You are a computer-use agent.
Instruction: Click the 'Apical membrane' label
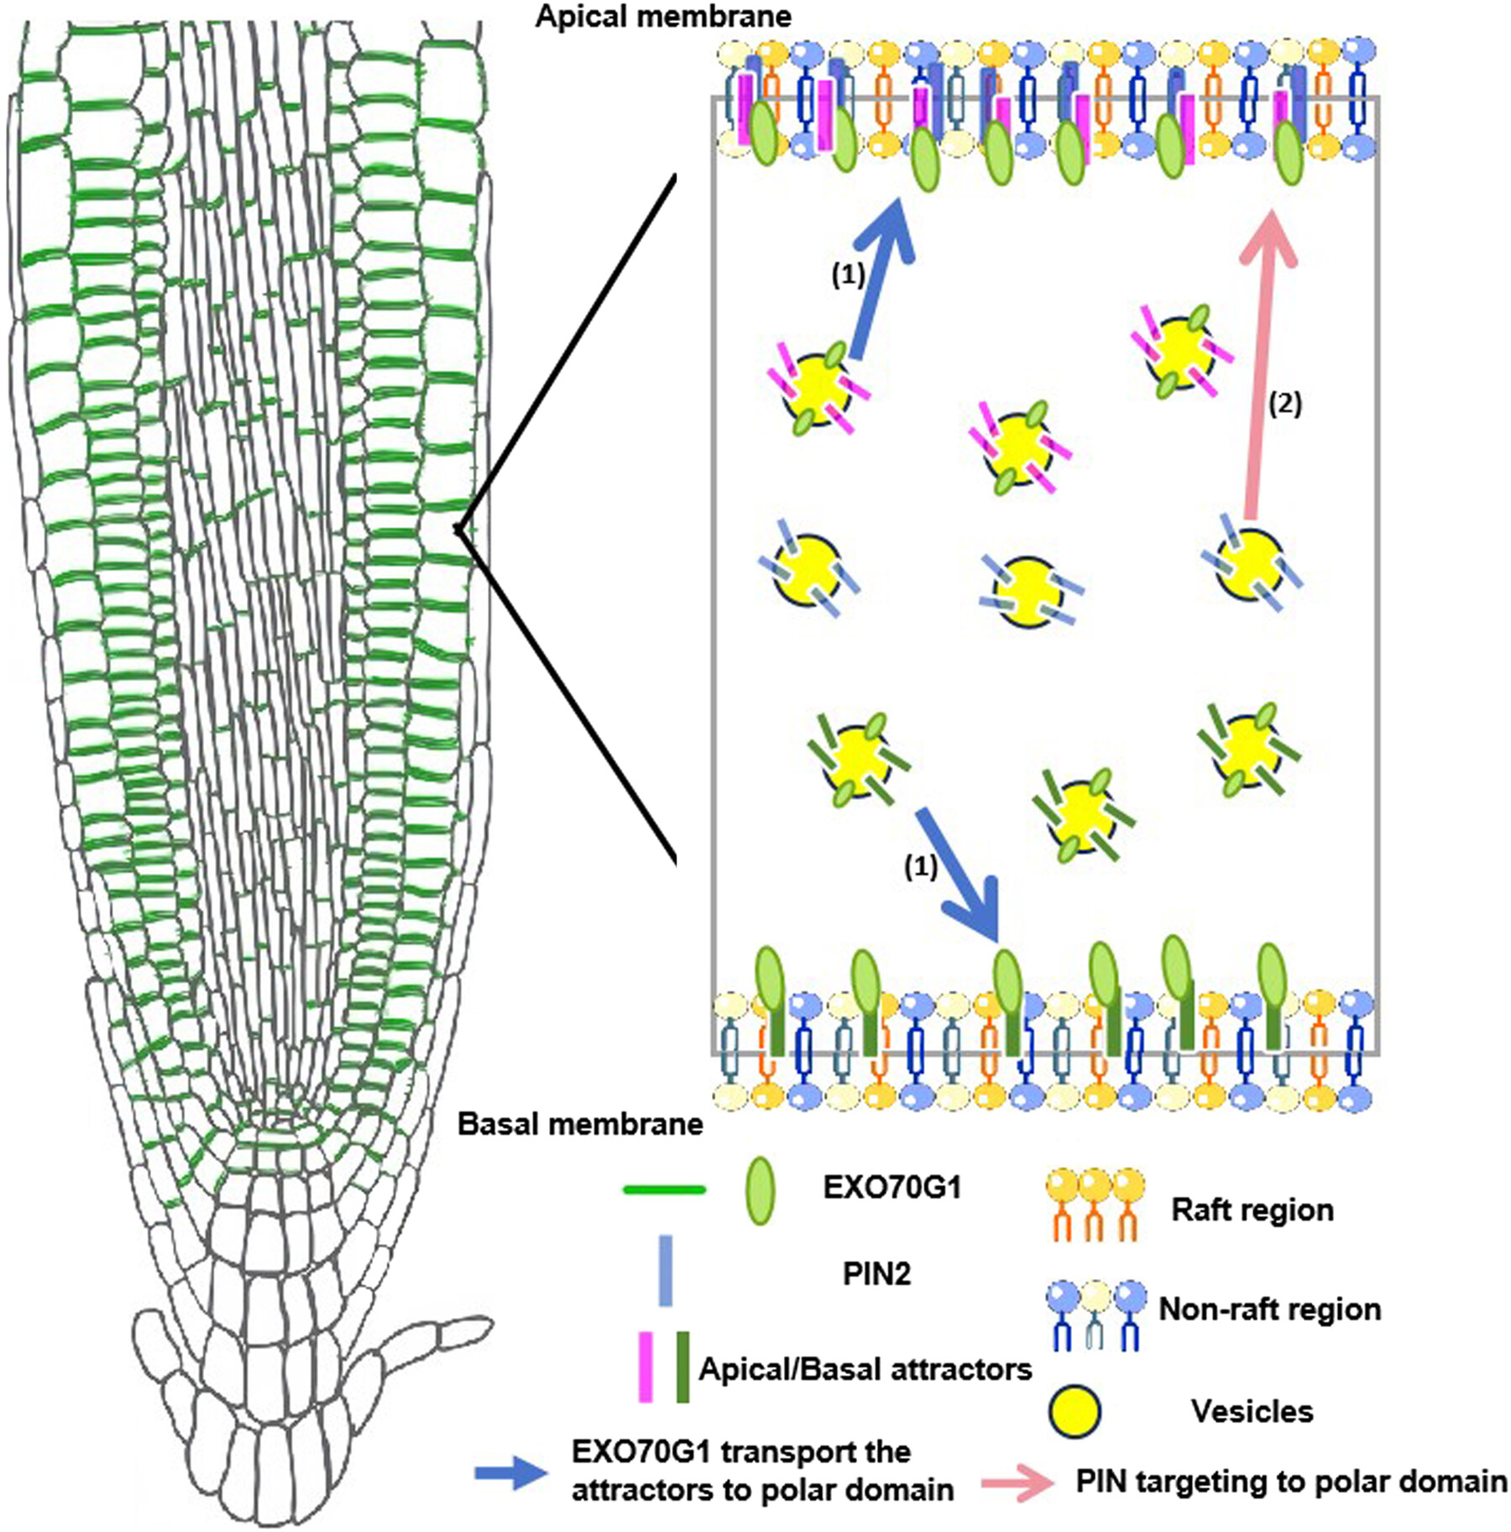(x=662, y=17)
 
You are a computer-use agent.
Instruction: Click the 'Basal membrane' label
(x=579, y=1124)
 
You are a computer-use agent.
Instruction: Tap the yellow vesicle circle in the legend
(x=1074, y=1411)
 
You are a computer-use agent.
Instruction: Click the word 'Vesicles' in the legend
(x=1252, y=1411)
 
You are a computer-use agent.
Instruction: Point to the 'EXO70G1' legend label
(x=891, y=1188)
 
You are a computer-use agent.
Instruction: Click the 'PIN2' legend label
(x=876, y=1274)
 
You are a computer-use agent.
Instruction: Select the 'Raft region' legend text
(x=1252, y=1210)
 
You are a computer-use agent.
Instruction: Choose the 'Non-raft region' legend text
(x=1269, y=1309)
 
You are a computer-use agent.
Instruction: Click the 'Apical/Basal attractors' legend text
(x=865, y=1369)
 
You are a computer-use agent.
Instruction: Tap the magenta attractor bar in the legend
(x=645, y=1367)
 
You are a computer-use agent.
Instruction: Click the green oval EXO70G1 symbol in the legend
(x=760, y=1190)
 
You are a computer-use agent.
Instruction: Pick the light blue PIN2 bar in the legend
(x=665, y=1270)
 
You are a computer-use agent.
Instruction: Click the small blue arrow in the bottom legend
(x=510, y=1473)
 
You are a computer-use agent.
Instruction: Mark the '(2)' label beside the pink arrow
(x=1284, y=405)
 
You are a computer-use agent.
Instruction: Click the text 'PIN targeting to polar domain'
(x=1291, y=1481)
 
